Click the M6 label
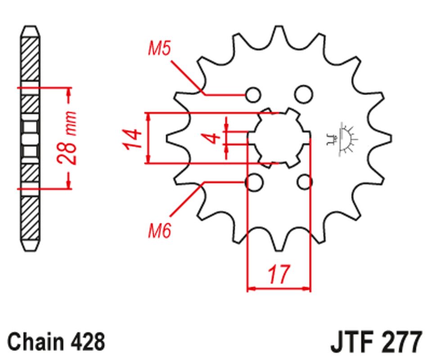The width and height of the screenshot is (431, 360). coord(159,232)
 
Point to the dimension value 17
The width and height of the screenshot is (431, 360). coord(278,274)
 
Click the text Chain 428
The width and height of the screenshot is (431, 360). coord(56,342)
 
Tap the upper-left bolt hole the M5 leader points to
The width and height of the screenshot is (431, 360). coord(253,94)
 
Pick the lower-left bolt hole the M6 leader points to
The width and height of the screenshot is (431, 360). coord(254,182)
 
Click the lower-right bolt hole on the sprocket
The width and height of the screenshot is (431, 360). coord(305,182)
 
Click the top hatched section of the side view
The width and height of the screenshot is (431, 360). coord(30,58)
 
